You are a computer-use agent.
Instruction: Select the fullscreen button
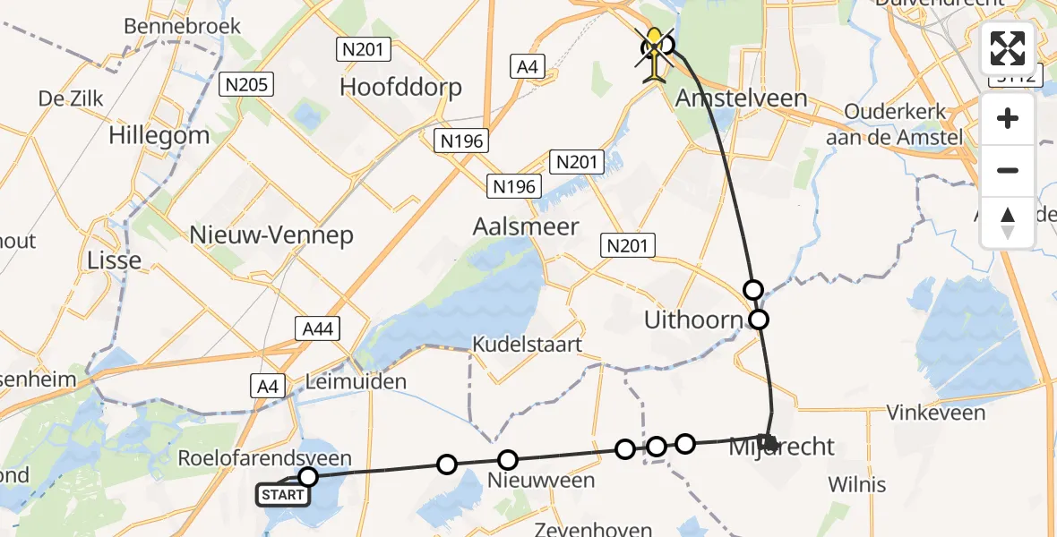coord(1008,48)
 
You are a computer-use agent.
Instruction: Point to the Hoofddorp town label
coord(401,87)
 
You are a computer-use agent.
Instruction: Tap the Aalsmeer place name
coord(526,227)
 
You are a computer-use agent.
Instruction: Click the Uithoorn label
coord(694,320)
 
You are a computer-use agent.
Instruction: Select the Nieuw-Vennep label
coord(271,235)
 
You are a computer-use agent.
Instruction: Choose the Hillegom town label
coord(159,136)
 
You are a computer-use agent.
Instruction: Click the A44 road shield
coord(318,329)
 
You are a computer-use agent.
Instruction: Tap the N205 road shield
coord(246,85)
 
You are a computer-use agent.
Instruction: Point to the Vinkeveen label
coord(935,413)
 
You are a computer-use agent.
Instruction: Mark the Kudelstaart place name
coord(528,345)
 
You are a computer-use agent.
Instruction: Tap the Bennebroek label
coord(183,26)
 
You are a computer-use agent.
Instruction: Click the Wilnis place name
coord(856,485)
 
